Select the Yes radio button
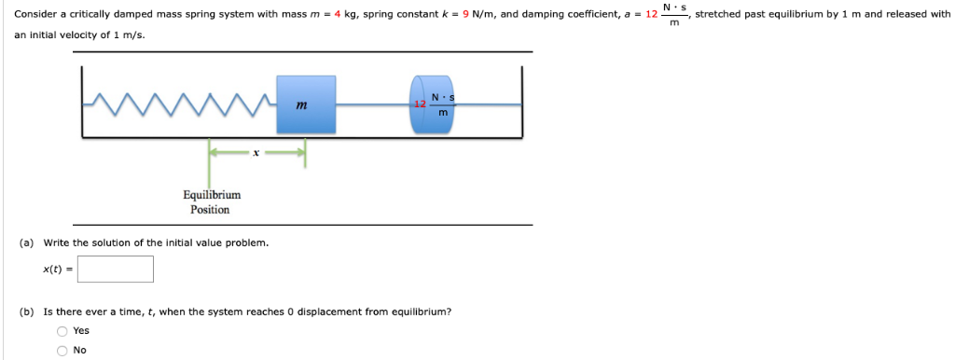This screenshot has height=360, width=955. click(62, 331)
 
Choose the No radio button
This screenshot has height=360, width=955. click(62, 351)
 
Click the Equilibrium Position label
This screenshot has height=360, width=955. click(211, 202)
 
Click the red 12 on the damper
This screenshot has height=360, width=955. click(421, 104)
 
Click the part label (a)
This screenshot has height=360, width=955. click(27, 242)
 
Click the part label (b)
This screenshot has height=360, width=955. click(27, 312)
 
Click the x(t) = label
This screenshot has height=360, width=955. click(56, 270)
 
